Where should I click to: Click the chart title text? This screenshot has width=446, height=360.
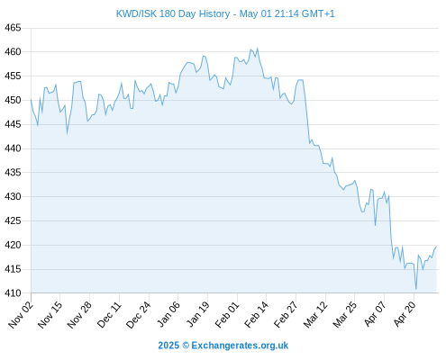pos(225,13)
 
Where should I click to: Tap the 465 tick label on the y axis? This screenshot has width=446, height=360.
pos(13,28)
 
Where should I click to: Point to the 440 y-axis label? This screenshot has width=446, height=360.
pos(13,148)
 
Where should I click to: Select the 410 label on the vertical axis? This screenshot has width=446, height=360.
pos(13,293)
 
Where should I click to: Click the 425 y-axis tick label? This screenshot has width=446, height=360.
pos(13,220)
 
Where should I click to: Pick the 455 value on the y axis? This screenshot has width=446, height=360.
pos(13,76)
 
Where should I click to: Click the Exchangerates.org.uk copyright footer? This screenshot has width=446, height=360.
pos(223,346)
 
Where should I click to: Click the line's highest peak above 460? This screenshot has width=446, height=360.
pos(258,49)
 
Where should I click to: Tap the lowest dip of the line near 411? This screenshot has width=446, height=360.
pos(416,289)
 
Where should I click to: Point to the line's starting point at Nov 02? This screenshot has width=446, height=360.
pos(31,100)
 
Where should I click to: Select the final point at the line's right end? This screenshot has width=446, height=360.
pos(436,247)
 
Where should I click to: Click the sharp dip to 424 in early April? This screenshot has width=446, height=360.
pos(376,225)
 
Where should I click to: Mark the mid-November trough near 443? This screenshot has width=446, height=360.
pos(67,133)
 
